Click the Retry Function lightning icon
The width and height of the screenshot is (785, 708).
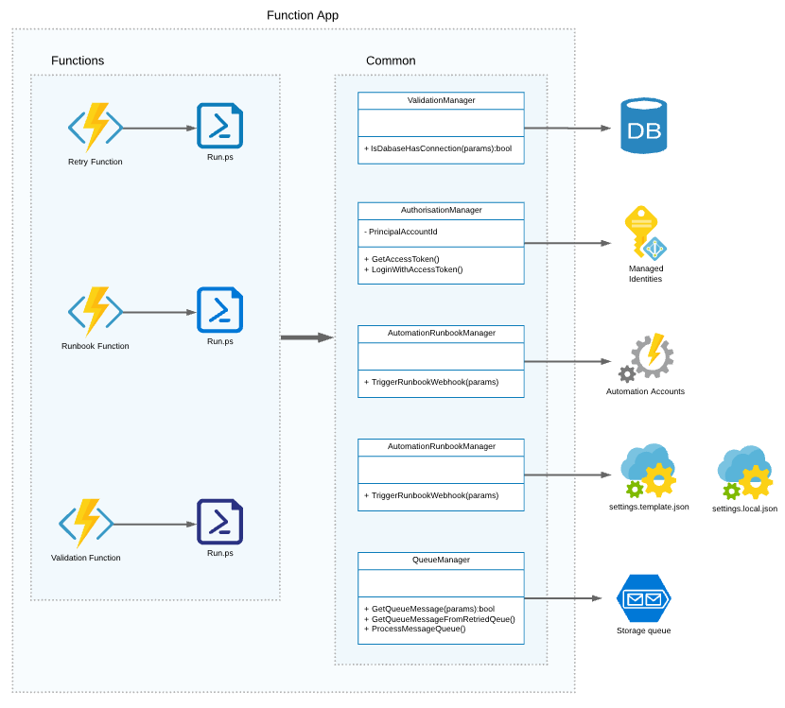click(96, 128)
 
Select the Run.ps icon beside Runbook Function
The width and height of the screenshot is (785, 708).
click(219, 310)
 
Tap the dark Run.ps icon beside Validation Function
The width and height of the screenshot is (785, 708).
click(219, 522)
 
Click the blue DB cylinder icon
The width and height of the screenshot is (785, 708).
click(644, 125)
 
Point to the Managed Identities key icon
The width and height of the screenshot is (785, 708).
click(645, 233)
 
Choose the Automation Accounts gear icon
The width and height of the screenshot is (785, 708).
click(646, 357)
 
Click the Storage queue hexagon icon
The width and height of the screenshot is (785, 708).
click(644, 598)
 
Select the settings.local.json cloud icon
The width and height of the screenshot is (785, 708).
click(745, 473)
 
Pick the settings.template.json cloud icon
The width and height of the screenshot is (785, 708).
click(648, 471)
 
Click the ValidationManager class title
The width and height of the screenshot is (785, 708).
click(441, 100)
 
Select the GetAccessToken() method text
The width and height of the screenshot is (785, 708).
click(405, 259)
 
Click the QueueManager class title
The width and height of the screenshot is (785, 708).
click(441, 560)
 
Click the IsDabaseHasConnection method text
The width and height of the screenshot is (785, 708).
click(438, 148)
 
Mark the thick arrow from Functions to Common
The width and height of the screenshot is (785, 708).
click(306, 337)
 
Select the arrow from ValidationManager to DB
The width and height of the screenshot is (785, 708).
click(567, 129)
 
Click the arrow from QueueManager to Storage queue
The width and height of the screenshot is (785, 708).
click(564, 598)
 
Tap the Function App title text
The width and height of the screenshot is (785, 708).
click(303, 15)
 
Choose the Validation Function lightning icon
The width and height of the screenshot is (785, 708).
click(86, 524)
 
